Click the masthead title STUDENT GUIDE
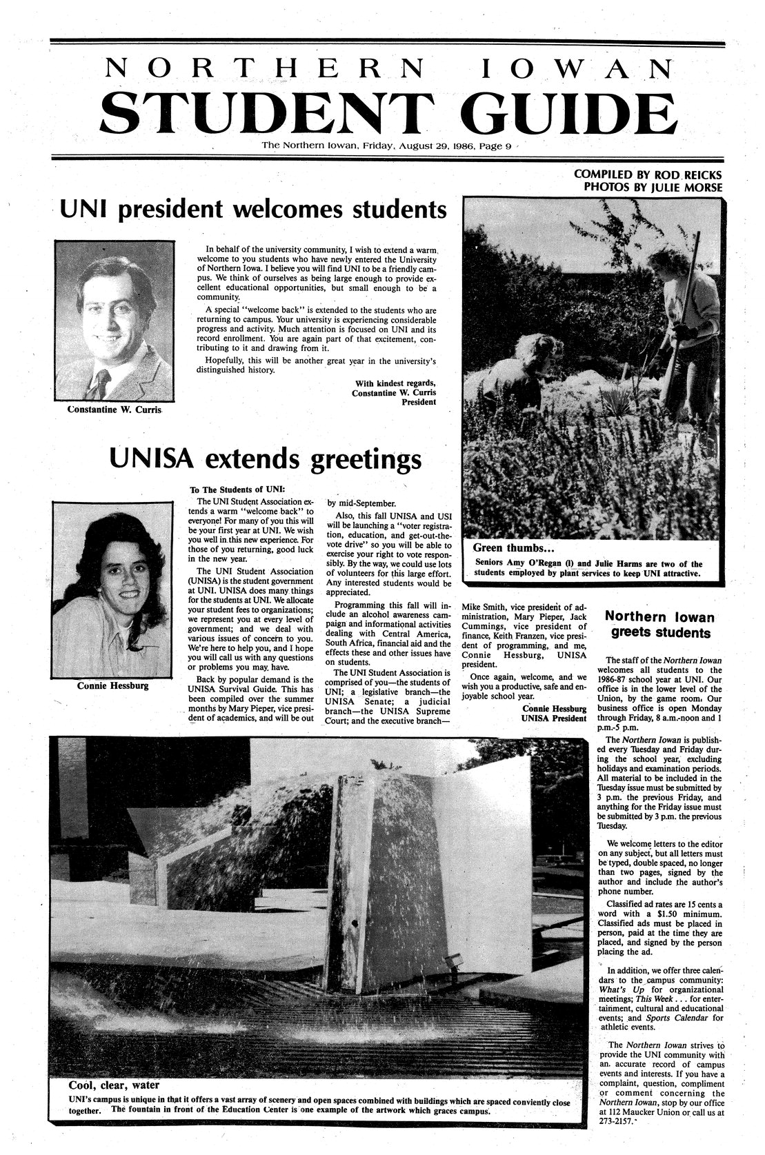(x=389, y=112)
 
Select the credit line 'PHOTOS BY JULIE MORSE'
(x=653, y=187)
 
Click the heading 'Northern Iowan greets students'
(x=659, y=623)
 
